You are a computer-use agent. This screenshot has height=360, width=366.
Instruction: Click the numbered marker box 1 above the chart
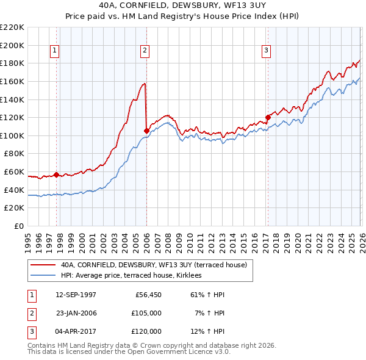point(55,51)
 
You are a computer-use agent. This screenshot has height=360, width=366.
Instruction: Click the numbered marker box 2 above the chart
point(145,51)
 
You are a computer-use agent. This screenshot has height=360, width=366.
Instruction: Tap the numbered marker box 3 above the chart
point(267,51)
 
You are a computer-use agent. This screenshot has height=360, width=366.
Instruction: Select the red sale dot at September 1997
point(57,175)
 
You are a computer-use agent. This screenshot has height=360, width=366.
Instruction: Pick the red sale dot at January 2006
point(146,131)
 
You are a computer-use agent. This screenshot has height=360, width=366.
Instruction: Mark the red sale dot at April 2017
point(268,117)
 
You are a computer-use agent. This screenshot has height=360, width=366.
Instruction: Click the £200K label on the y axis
point(12,45)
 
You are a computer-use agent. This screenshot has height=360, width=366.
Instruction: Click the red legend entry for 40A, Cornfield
point(153,265)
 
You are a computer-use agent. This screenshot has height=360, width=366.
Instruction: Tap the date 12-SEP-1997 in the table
point(76,295)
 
